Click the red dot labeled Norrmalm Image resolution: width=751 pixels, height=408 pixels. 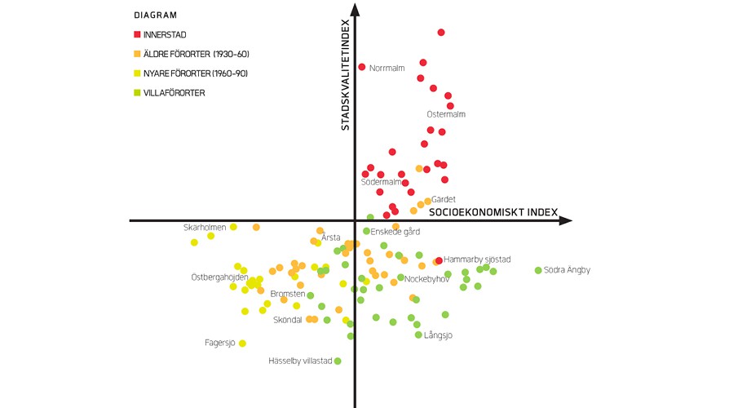362,67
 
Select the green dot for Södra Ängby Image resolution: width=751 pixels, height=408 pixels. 538,270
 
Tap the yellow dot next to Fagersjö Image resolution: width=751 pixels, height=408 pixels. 242,343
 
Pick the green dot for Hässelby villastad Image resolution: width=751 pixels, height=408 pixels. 338,361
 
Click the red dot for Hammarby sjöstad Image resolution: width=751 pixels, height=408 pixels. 439,260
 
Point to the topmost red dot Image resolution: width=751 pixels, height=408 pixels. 441,33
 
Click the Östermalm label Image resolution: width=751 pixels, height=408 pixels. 446,114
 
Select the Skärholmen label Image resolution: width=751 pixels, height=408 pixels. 205,227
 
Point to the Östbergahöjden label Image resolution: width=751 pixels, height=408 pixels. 219,277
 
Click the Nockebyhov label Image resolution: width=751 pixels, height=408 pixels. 427,279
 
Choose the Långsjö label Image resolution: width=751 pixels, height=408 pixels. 439,335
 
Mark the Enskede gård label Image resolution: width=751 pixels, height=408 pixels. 395,232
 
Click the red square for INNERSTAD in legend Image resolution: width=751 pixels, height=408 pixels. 138,34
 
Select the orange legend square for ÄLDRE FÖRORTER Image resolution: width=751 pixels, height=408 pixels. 138,54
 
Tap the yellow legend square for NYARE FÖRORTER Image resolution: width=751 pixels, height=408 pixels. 138,73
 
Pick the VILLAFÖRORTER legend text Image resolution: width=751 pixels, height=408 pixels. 174,93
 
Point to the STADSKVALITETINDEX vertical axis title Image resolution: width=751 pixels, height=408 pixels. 345,75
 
